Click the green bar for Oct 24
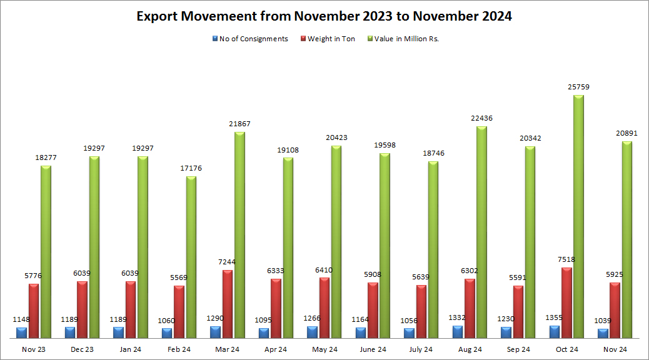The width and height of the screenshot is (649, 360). coord(578,216)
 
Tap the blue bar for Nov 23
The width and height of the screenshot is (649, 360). coord(22,332)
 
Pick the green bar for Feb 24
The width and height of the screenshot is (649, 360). coord(191,257)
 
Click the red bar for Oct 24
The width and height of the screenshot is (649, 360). coord(566,302)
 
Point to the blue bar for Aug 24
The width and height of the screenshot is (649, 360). coord(458,332)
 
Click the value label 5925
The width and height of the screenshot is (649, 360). coord(615,274)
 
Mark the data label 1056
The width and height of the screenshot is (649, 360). coord(409,321)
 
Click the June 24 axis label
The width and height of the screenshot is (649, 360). coord(373,349)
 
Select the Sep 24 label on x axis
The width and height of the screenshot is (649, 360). coord(518,349)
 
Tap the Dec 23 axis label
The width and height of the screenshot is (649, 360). coord(83,349)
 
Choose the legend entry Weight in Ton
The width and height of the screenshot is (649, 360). coord(331,39)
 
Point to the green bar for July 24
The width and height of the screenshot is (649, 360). coord(433,250)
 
